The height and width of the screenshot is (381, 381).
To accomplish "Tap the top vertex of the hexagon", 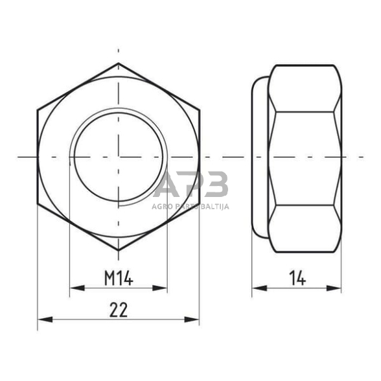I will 119,63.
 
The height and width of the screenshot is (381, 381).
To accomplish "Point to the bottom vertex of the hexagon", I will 119,250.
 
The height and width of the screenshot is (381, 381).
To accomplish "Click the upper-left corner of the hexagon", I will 38,110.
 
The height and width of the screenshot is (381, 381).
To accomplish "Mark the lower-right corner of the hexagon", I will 199,204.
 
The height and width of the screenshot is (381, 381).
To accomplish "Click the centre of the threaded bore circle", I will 119,157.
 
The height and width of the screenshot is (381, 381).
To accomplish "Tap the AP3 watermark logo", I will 191,186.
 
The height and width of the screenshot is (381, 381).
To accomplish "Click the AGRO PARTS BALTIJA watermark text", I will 191,208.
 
